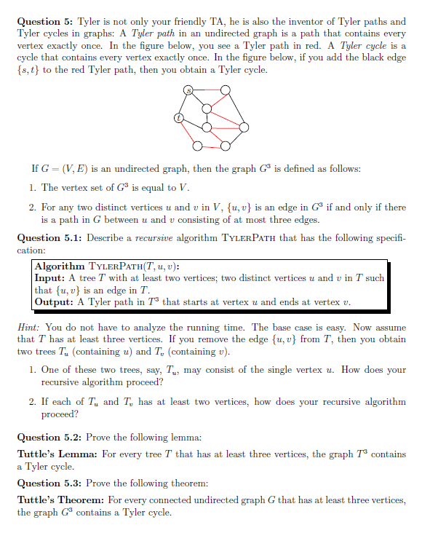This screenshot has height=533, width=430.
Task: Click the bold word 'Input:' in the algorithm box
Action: (x=50, y=278)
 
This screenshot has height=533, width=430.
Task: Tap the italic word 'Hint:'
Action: (x=28, y=327)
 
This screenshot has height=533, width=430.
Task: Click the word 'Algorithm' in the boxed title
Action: (x=60, y=266)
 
